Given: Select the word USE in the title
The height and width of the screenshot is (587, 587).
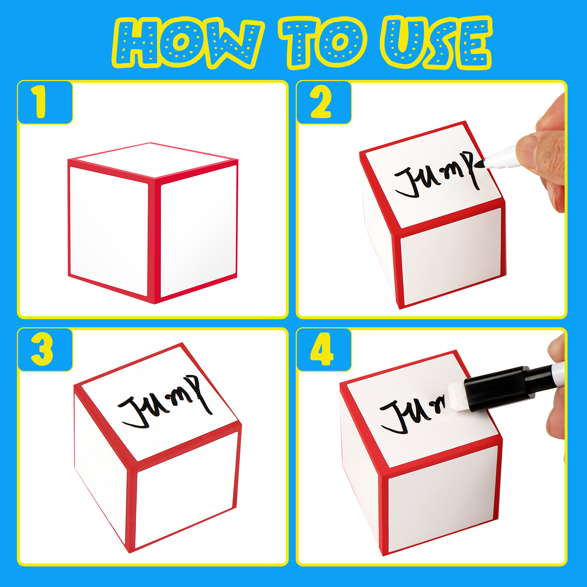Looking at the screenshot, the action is tap(437, 43).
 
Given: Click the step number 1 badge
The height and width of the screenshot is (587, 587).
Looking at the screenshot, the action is tap(45, 102).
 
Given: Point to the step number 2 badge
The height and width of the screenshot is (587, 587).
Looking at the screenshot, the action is tap(324, 102).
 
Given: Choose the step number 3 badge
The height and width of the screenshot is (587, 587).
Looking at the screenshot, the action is tap(45, 350).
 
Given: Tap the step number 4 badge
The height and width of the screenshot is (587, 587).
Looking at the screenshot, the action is tap(324, 350).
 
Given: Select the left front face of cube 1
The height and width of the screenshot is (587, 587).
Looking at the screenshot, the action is tap(109, 231).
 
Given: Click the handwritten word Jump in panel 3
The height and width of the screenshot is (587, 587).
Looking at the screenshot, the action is tap(165, 402).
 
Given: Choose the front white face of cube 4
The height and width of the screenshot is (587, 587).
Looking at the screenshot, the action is tap(442, 499).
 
